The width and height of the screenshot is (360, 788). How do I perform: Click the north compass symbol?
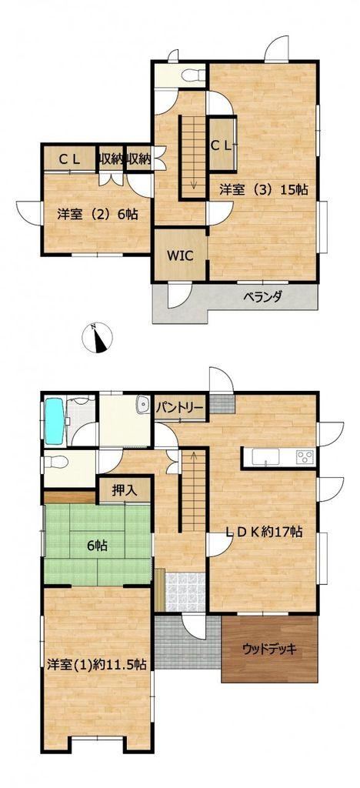97,337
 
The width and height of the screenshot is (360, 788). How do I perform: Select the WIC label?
180,255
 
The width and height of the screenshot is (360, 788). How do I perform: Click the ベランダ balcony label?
263,296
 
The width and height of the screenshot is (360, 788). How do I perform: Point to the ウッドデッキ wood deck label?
269,649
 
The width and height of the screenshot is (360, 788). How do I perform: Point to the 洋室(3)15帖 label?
263,189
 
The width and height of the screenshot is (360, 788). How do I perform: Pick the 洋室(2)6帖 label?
98,215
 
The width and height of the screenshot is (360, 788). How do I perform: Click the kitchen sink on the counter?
265,457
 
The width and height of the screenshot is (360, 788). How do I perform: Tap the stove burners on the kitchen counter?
305,456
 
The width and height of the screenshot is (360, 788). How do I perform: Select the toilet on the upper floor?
193,75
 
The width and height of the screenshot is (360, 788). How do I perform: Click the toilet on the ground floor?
55,462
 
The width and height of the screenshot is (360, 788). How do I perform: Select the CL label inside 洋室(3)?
221,145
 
